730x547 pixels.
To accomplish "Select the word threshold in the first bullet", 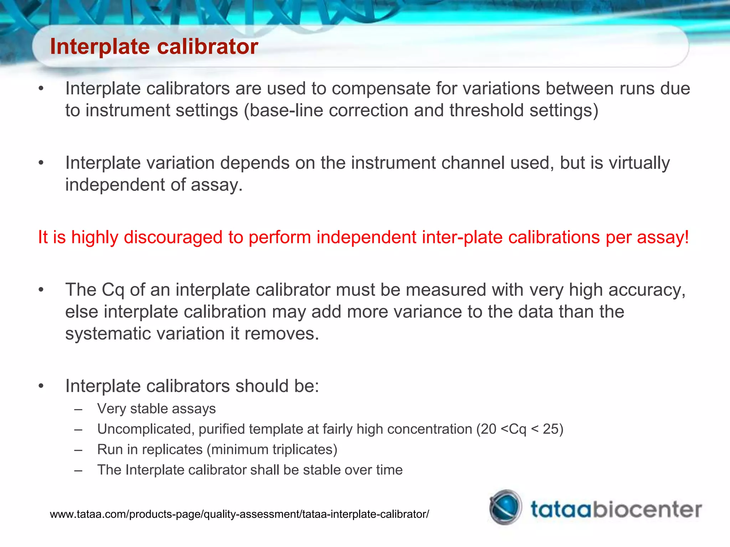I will point(486,110).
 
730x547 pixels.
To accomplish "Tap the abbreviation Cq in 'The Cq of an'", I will point(113,290).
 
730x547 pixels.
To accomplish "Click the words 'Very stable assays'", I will point(156,409).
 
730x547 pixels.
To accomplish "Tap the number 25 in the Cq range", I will point(550,429).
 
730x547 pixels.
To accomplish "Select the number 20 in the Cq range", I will point(489,429).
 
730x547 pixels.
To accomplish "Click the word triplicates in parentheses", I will point(302,450).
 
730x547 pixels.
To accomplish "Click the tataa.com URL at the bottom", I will point(239,514).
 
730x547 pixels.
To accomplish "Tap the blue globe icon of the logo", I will point(505,507).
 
